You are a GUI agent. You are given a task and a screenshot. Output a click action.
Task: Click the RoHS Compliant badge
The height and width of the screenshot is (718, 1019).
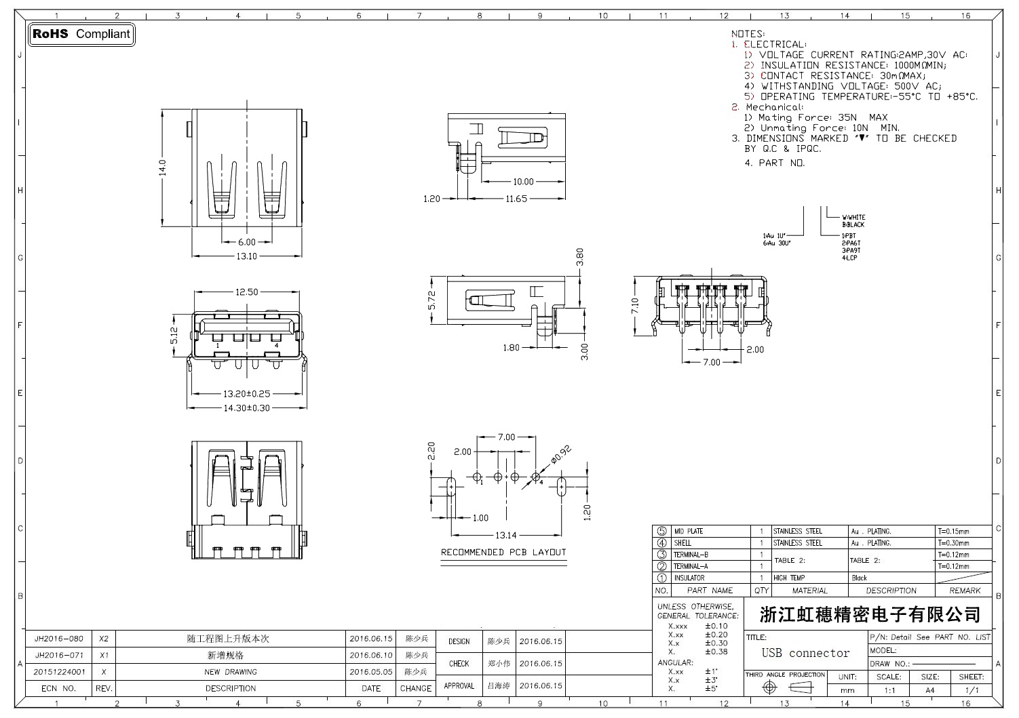(81, 34)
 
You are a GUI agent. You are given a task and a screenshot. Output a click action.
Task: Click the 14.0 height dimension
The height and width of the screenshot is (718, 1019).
(163, 167)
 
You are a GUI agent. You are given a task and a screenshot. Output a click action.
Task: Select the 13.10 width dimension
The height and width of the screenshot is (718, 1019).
(246, 256)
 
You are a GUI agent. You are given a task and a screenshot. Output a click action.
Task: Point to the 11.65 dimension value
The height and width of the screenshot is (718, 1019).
(516, 199)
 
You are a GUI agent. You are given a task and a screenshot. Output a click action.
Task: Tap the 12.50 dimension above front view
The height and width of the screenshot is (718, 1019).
(246, 292)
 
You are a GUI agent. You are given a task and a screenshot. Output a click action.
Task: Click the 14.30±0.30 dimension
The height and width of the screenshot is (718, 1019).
(246, 408)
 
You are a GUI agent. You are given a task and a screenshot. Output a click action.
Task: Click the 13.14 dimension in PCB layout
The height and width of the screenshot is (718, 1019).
(507, 536)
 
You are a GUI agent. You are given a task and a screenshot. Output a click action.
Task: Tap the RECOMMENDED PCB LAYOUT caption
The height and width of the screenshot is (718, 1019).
(503, 553)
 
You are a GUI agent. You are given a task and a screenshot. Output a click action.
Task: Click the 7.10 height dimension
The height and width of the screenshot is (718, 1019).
(635, 306)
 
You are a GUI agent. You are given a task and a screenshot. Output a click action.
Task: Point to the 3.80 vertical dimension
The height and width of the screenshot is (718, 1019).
(579, 256)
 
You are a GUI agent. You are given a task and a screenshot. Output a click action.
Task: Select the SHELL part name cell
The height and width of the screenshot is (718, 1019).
(682, 543)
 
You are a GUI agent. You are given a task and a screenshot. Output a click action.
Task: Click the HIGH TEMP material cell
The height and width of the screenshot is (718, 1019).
(789, 578)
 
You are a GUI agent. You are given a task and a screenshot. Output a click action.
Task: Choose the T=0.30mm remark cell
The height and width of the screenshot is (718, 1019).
(953, 543)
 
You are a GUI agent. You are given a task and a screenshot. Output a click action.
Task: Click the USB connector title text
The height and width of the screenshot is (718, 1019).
(805, 654)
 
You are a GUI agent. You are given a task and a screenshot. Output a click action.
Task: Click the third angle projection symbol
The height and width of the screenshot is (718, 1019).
(786, 687)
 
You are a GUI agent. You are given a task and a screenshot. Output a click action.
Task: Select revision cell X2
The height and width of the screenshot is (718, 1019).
(104, 639)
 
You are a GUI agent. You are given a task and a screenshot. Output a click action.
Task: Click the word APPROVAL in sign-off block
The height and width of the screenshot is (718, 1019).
(459, 685)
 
